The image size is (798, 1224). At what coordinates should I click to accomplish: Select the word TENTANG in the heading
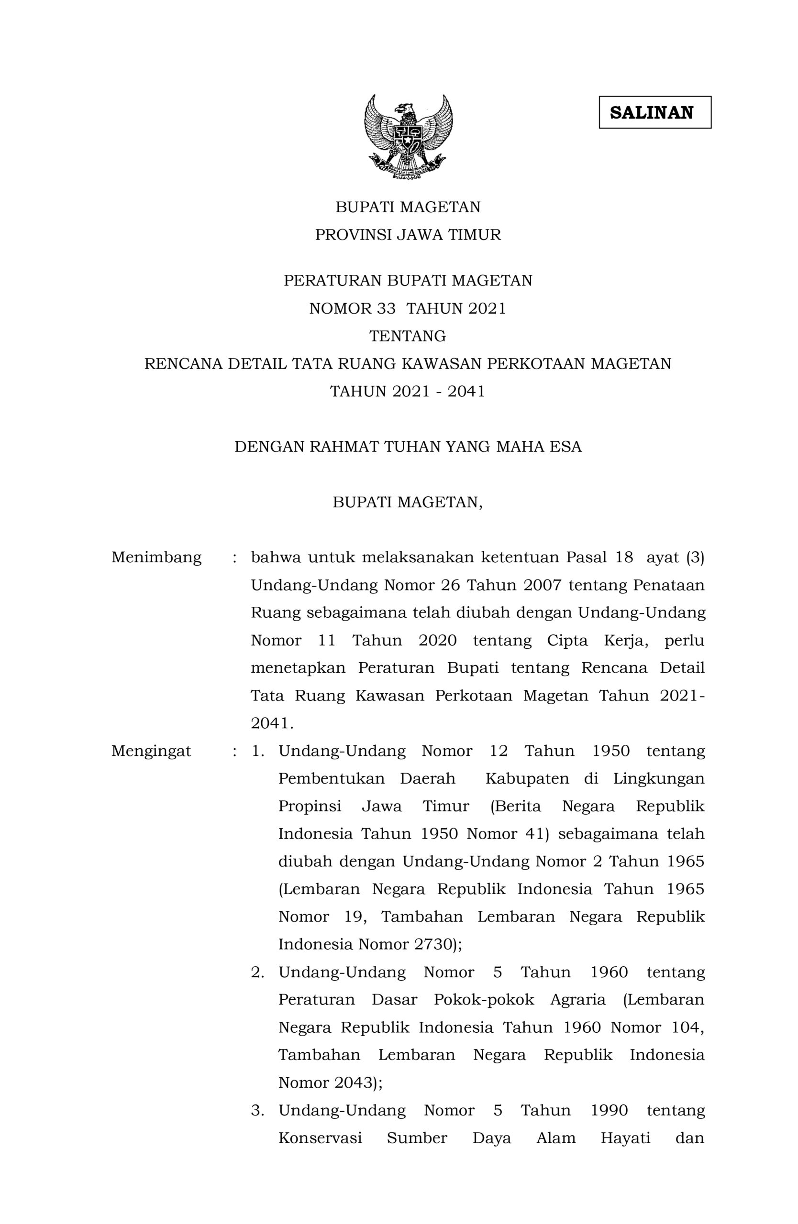[x=408, y=336]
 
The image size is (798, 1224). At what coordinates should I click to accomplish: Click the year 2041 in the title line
[x=466, y=392]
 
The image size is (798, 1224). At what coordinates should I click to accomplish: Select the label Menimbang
[x=156, y=557]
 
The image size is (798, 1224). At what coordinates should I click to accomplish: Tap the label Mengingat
[x=151, y=751]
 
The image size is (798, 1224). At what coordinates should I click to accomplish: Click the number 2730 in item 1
[x=432, y=945]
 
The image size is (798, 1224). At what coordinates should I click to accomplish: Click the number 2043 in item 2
[x=354, y=1083]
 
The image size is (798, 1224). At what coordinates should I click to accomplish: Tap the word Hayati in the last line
[x=626, y=1138]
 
